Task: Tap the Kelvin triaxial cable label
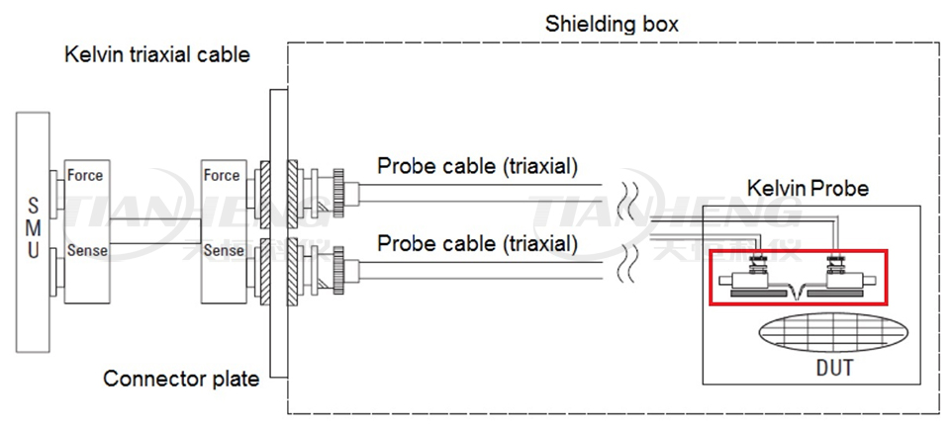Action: click(x=157, y=54)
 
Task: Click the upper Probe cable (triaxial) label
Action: click(x=477, y=166)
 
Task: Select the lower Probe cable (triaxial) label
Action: click(x=477, y=242)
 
